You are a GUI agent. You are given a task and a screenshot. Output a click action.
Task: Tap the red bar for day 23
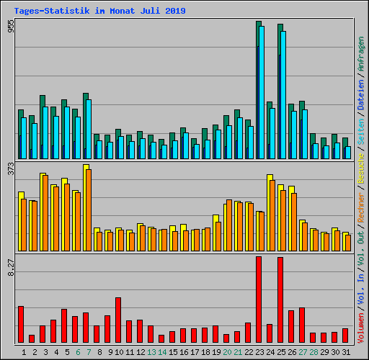pyautogui.click(x=259, y=300)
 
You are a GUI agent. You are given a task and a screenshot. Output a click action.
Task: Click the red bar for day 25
pyautogui.click(x=280, y=300)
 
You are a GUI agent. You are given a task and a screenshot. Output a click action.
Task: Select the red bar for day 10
pyautogui.click(x=118, y=320)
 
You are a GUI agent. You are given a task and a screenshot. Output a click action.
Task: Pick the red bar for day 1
pyautogui.click(x=21, y=324)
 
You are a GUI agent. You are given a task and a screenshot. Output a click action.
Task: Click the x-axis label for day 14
pyautogui.click(x=162, y=352)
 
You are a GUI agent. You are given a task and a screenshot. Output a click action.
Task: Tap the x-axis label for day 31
pyautogui.click(x=346, y=352)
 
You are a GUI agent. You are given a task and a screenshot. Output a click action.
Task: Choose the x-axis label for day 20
pyautogui.click(x=227, y=352)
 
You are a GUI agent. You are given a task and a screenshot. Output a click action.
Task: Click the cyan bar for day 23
pyautogui.click(x=262, y=94)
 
